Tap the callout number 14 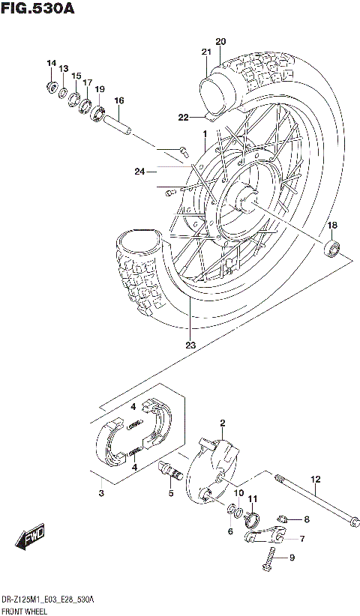point(51,62)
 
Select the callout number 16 point(118,100)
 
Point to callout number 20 point(220,40)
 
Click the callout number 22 point(183,117)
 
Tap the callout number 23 point(190,345)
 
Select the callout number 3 point(100,493)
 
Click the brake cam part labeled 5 point(172,471)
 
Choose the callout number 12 point(316,479)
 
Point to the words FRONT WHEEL point(25,612)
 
